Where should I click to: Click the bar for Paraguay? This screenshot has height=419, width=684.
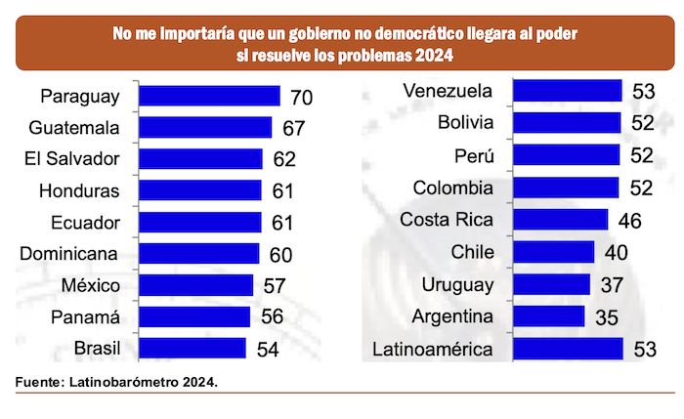click(x=209, y=96)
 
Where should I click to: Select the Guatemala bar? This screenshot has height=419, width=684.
click(x=205, y=128)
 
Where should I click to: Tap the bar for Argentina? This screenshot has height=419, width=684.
click(x=548, y=316)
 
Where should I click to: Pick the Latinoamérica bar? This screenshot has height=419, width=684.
click(x=567, y=349)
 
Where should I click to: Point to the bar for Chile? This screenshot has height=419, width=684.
click(x=553, y=252)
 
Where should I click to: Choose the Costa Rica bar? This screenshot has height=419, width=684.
click(x=560, y=220)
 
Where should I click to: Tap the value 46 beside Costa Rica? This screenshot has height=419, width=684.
click(x=629, y=221)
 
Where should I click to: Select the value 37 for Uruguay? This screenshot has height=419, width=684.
click(x=612, y=285)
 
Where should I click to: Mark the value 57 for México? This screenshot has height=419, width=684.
click(x=275, y=286)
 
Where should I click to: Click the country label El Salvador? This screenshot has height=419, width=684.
click(x=74, y=159)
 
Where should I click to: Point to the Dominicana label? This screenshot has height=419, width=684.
click(x=69, y=254)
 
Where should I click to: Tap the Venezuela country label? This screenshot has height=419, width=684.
click(x=447, y=92)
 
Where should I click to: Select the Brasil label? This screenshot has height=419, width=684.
click(x=97, y=348)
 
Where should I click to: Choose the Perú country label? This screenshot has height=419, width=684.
click(x=475, y=156)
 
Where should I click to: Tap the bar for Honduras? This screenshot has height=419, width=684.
click(x=200, y=190)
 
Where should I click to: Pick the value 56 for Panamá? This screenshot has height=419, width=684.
click(x=272, y=317)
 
